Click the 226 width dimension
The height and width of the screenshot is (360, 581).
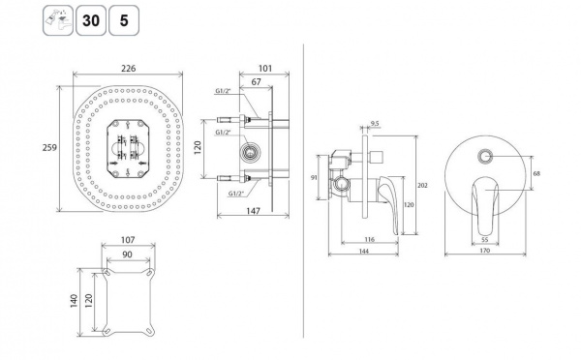tap(129, 69)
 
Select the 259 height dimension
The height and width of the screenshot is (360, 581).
tap(49, 148)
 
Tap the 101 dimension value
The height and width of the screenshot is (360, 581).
tap(265, 69)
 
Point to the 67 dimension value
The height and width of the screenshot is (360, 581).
tap(256, 82)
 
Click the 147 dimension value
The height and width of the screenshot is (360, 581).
tap(253, 211)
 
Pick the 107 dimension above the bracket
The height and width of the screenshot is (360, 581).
tap(128, 240)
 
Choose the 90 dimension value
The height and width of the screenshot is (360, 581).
tap(127, 255)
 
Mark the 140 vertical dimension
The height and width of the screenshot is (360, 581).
tap(74, 301)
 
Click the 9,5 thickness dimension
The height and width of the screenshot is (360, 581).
tap(374, 124)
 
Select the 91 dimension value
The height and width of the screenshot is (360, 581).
tap(314, 178)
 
